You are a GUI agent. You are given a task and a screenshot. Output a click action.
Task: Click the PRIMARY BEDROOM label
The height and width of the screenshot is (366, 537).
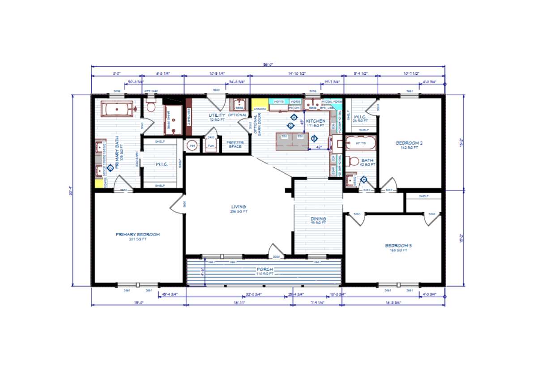tap(138, 234)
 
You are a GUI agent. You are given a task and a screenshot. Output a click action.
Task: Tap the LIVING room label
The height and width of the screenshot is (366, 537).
tap(239, 207)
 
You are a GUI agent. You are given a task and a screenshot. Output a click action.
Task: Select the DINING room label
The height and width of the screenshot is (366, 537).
tap(318, 219)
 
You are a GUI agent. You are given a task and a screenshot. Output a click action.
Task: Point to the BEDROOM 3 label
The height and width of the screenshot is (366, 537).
tap(398, 246)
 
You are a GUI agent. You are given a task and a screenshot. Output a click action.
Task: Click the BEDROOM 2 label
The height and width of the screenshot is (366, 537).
tap(409, 143)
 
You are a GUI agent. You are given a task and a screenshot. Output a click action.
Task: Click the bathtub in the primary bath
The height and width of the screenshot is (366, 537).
tap(117, 109)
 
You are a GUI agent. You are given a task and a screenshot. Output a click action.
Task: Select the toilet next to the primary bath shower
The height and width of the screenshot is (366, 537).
tap(151, 107)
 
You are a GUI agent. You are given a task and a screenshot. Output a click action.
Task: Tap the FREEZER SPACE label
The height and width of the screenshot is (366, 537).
tap(235, 145)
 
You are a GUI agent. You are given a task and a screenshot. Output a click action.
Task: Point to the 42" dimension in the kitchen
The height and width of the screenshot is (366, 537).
tap(319, 147)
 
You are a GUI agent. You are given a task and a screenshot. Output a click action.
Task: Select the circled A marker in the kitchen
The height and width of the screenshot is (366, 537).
tap(294, 117)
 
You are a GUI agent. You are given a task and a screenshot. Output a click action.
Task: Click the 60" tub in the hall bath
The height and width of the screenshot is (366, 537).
tap(361, 144)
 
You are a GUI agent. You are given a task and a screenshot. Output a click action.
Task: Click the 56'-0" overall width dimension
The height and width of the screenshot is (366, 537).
tap(268, 64)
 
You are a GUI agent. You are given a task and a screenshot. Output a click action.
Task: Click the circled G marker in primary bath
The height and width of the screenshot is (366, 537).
tap(111, 167)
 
